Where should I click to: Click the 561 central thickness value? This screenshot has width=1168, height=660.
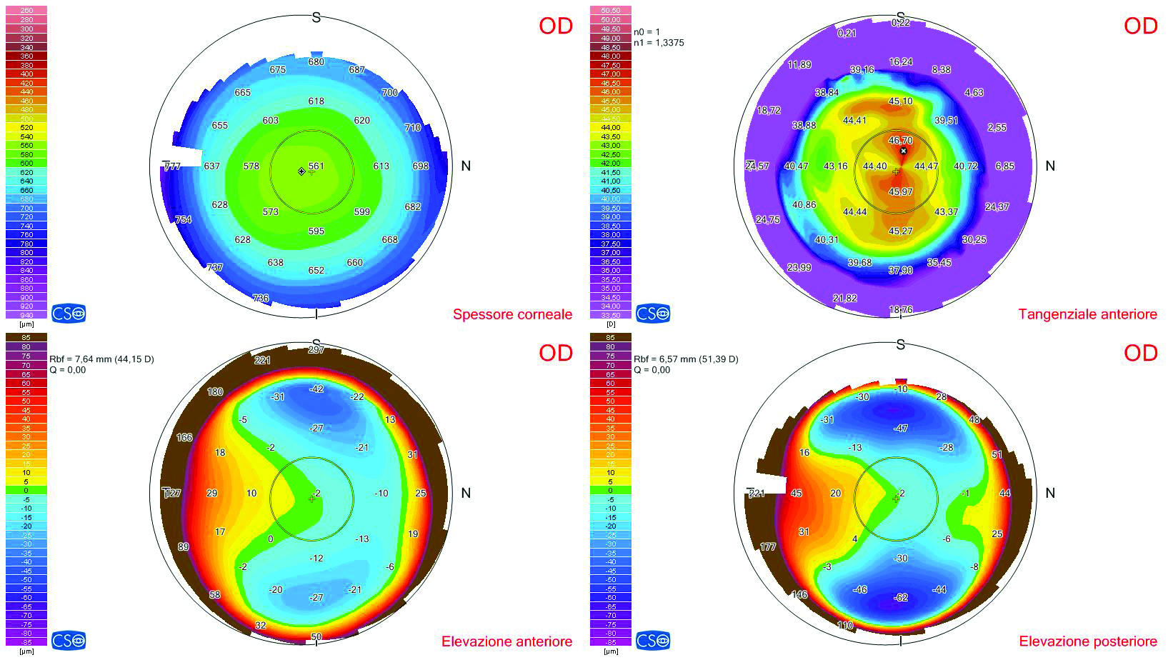pos(316,166)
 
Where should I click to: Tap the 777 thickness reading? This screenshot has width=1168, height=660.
pos(172,166)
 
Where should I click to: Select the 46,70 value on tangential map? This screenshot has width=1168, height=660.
pos(900,141)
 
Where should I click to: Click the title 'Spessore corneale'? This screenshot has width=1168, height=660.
pos(512,314)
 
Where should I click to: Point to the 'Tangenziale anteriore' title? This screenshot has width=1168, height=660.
pos(1087,314)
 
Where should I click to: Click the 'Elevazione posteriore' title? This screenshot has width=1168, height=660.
pos(1087,641)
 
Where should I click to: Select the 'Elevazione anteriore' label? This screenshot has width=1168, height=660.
pos(506,641)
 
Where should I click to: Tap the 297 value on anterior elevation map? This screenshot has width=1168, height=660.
pos(316,349)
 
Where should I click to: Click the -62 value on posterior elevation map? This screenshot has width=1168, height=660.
pos(902,597)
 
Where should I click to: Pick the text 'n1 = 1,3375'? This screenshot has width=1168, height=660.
pos(659,43)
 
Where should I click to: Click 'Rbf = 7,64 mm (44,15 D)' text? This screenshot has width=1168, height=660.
pos(101,359)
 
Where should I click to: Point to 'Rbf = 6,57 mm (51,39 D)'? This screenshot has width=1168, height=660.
pos(686,359)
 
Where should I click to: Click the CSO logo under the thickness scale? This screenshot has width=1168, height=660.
pos(69,313)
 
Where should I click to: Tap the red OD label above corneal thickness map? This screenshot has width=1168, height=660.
pos(556,26)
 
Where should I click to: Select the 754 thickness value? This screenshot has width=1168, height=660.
pos(184,219)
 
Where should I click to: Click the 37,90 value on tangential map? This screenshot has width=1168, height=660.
pos(900,270)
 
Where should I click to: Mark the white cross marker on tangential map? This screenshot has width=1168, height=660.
pos(904,151)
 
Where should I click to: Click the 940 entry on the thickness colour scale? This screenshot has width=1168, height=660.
pos(26,315)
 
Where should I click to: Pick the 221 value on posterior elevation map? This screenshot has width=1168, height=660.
pos(757,493)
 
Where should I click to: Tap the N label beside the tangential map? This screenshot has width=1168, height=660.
pos(1049,166)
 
